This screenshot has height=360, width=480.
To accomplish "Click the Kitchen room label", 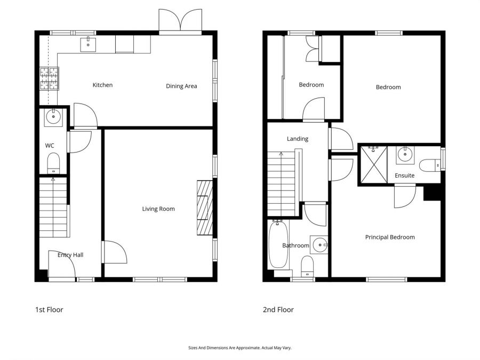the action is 102,85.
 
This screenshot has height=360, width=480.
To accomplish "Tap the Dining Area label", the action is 181,86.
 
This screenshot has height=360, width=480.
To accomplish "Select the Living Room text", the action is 158,209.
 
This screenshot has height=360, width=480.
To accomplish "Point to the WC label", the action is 50,146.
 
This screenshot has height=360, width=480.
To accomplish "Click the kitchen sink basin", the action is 88,45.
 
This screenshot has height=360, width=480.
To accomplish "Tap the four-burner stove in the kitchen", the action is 49,79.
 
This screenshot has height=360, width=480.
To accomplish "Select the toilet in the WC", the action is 53,163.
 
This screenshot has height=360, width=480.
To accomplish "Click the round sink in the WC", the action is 53,117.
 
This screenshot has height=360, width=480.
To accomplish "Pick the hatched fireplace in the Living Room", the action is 205,208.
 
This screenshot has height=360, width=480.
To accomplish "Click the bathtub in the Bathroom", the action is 278,244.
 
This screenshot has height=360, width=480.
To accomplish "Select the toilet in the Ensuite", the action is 430,166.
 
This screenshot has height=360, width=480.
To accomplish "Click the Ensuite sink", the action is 405,155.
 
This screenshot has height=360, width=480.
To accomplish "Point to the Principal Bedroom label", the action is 390,237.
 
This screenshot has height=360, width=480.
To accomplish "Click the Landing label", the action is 298,139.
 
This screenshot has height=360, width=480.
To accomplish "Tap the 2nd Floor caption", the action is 278,309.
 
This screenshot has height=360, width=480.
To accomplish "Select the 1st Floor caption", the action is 49,309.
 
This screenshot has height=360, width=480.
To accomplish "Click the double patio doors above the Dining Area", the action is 180,20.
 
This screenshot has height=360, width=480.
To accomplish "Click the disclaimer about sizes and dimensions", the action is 239,348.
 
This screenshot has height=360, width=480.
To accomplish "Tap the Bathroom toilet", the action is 307,266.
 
